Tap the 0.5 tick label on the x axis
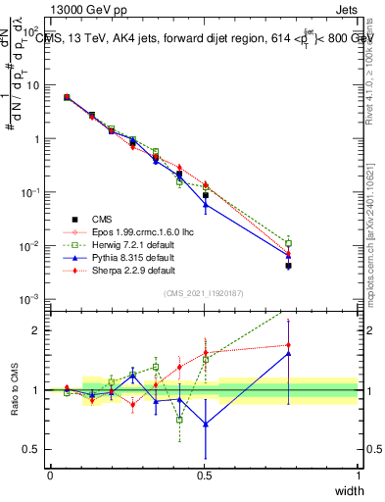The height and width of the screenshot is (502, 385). click(x=205, y=476)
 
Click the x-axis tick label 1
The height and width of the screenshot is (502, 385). click(x=360, y=476)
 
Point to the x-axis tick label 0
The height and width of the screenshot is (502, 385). click(x=50, y=476)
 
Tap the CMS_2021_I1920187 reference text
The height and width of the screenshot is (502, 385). click(x=205, y=293)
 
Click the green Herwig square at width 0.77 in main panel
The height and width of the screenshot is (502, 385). click(x=288, y=243)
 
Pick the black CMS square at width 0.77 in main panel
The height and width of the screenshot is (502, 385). click(x=288, y=266)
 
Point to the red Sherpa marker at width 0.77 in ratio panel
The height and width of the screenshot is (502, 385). click(x=288, y=345)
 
